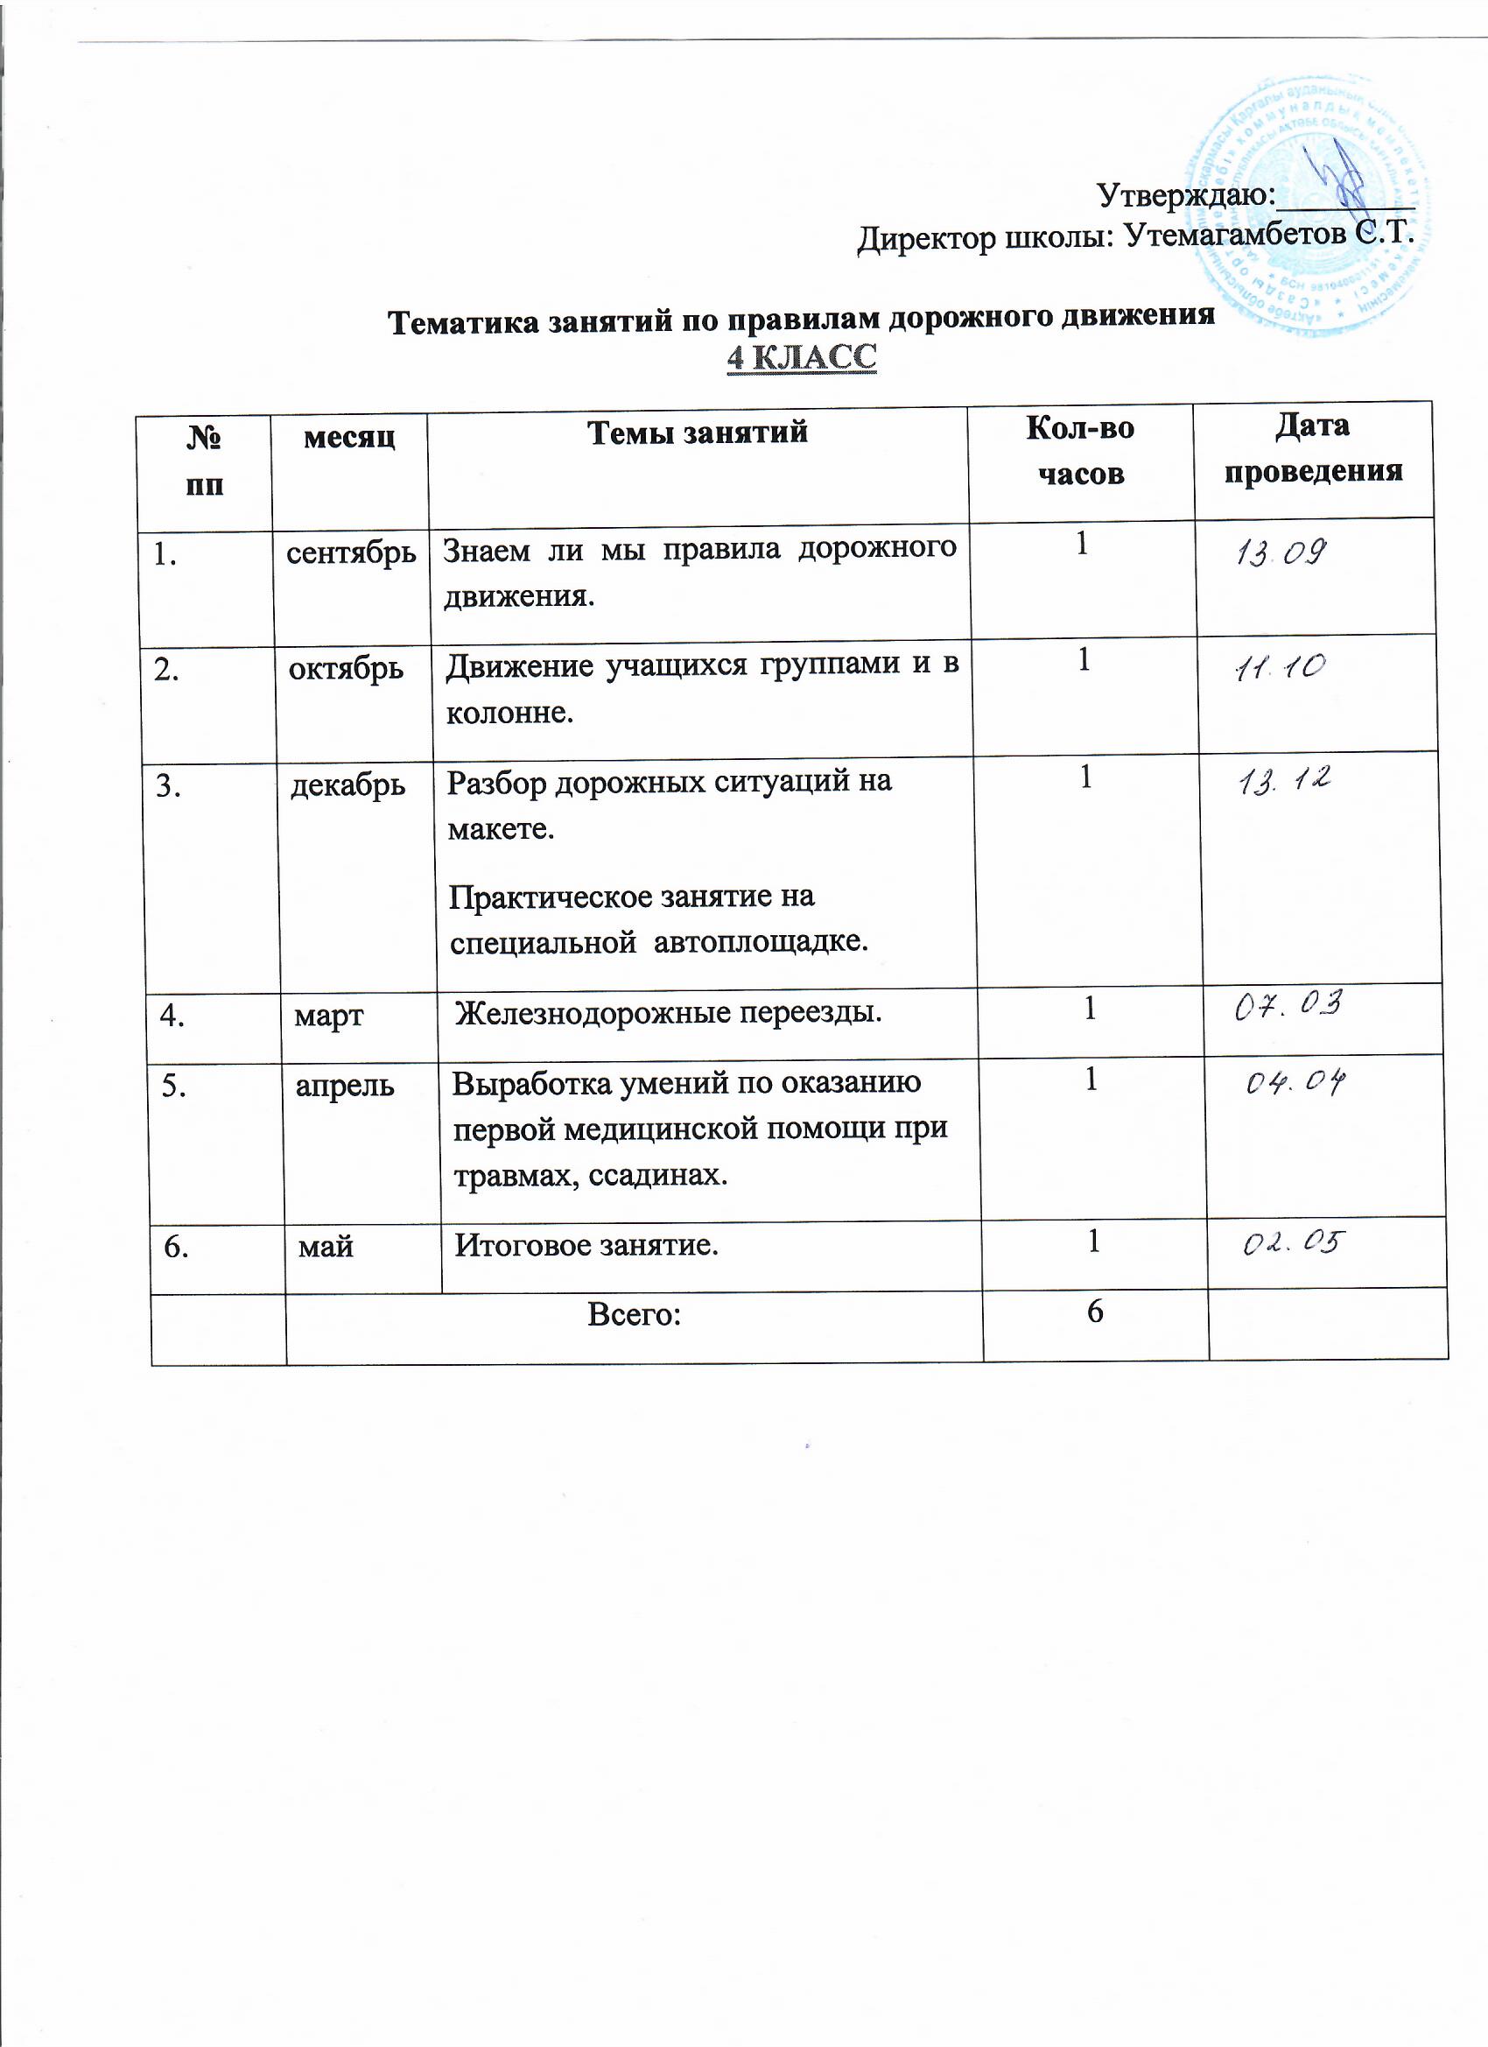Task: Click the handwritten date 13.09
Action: point(1280,552)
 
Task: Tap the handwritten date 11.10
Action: point(1280,669)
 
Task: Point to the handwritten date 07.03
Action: point(1288,1005)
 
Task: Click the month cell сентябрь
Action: point(351,552)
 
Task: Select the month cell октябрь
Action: point(346,669)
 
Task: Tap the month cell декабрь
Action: point(347,785)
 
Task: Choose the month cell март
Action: point(329,1016)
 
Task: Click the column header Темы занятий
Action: point(698,433)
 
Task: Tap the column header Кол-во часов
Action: point(1080,450)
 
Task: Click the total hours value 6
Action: point(1095,1312)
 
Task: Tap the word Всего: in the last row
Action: point(635,1315)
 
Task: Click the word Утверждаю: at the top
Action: point(1185,194)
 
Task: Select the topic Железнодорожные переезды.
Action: point(669,1014)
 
